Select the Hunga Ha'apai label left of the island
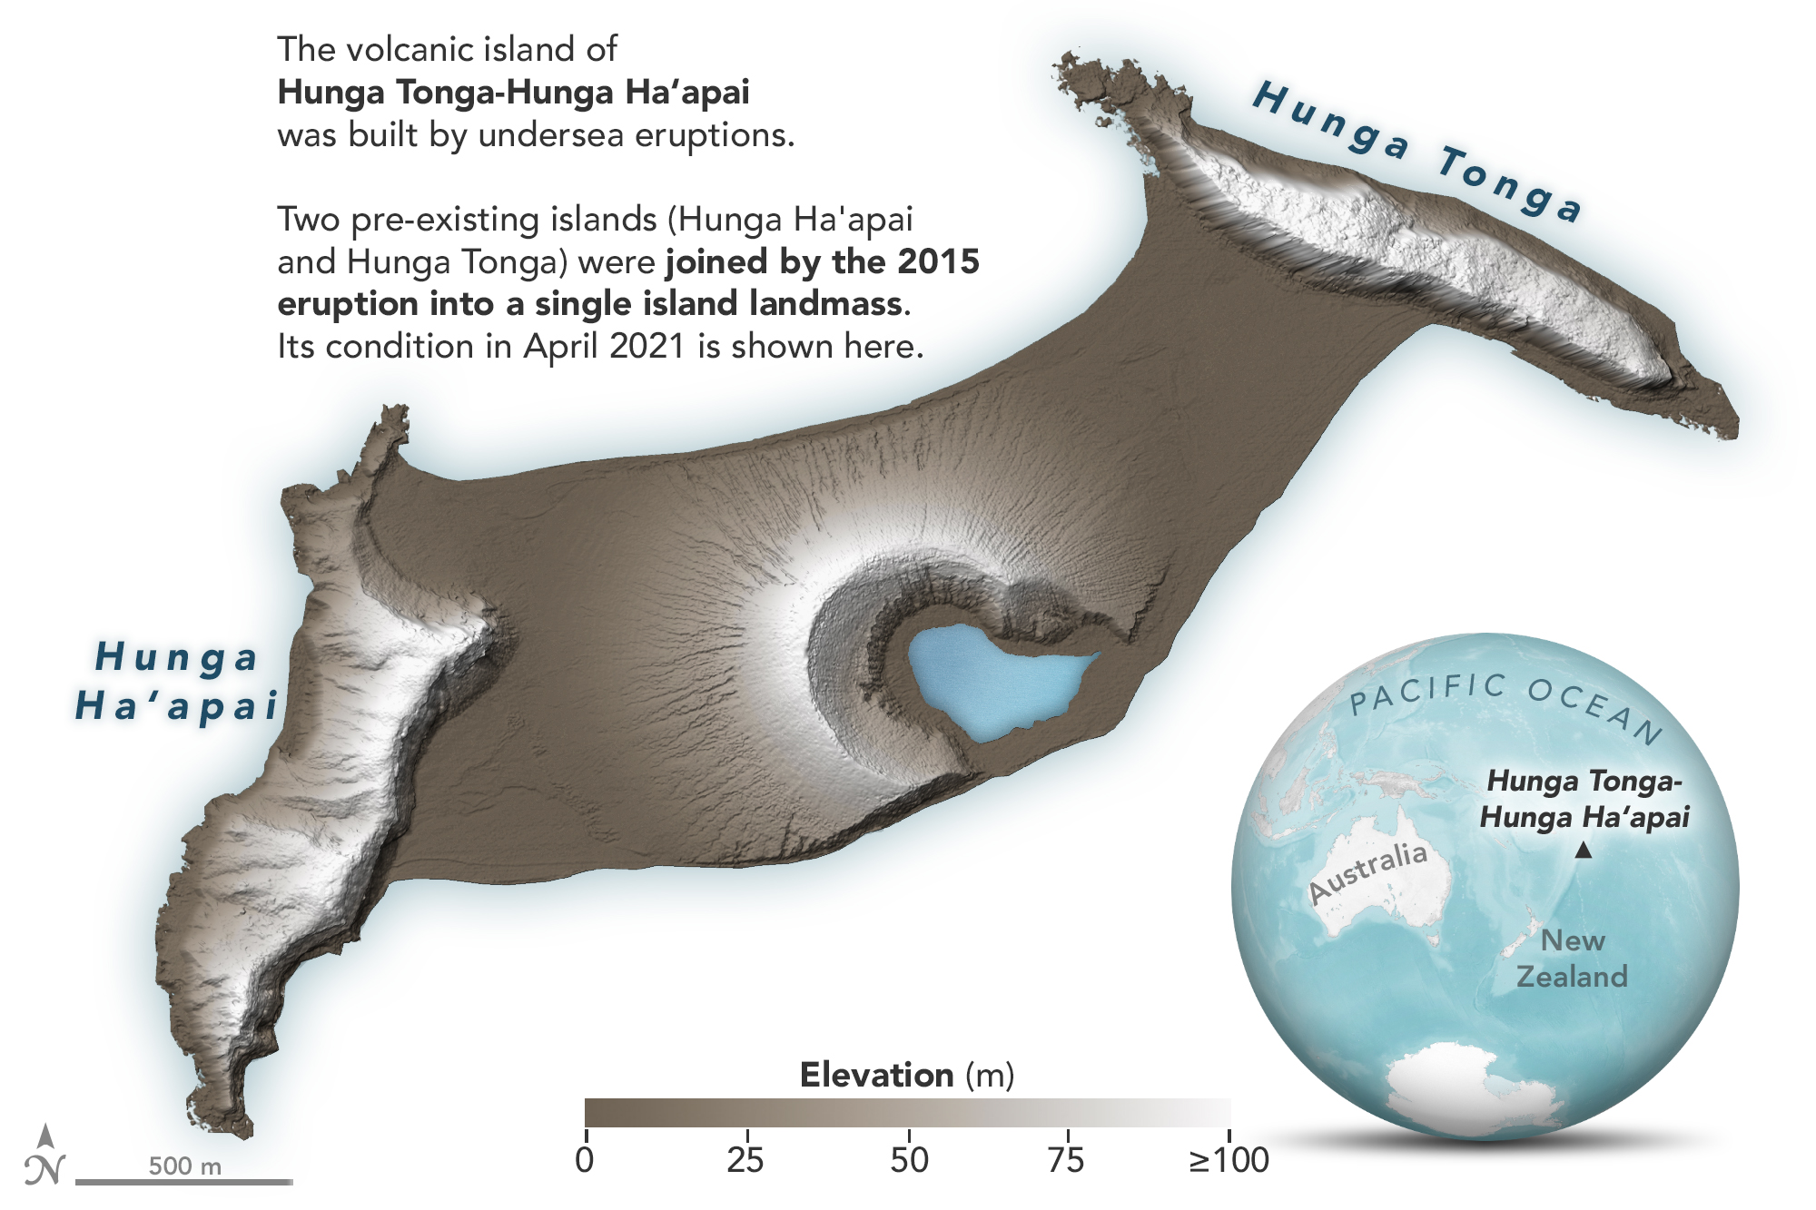177,681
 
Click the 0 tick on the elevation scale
586,1159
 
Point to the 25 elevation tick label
745,1159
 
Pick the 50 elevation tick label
909,1159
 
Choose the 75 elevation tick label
1066,1159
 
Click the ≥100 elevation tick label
1229,1159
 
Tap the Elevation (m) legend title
906,1075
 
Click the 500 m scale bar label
185,1166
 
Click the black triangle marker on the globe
1583,851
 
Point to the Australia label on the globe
1368,871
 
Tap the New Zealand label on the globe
1572,959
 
